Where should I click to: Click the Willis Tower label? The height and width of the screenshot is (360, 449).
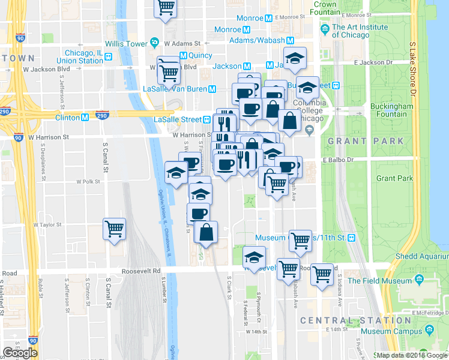coord(124,44)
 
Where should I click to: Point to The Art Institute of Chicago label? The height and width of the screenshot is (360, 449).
coord(358,31)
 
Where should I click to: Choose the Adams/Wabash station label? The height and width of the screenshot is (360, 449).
coord(259,41)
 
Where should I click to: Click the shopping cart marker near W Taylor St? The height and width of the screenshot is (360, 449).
coord(114,228)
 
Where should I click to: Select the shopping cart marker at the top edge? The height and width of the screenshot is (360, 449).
coord(166,8)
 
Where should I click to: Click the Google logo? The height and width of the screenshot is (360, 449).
coord(20,353)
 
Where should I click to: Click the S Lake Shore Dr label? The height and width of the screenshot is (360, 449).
coord(412,69)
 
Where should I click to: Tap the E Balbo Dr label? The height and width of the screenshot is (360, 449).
coord(340,160)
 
